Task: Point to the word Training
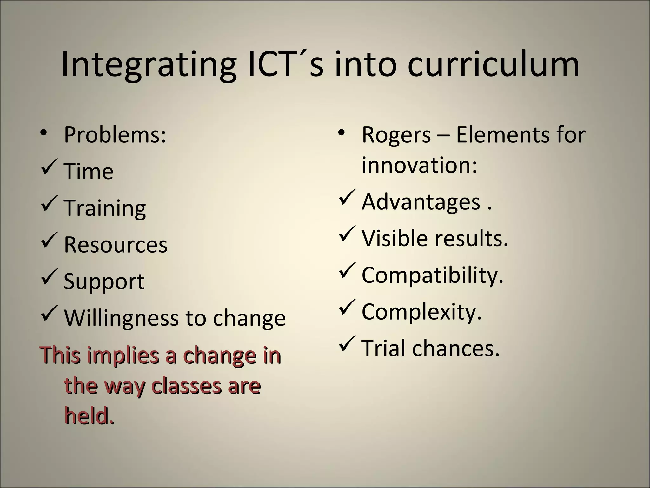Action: click(105, 208)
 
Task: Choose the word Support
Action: click(104, 281)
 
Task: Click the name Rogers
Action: click(396, 135)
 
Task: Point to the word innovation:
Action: click(419, 165)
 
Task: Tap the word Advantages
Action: click(421, 202)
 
